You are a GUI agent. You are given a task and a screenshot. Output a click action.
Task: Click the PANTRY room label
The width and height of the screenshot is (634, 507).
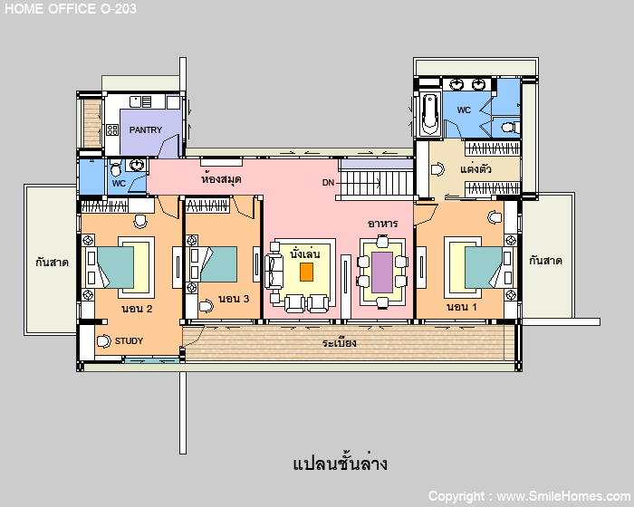pyautogui.click(x=146, y=129)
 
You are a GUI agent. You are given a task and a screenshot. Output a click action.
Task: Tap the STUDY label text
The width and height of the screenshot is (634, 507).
pyautogui.click(x=129, y=340)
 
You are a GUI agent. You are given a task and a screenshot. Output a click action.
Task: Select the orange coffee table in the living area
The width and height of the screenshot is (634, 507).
pyautogui.click(x=306, y=272)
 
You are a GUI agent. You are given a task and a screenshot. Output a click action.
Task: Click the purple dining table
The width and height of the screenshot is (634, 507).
pyautogui.click(x=382, y=273)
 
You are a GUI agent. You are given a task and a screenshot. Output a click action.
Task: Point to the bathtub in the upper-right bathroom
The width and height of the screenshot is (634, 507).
pyautogui.click(x=430, y=114)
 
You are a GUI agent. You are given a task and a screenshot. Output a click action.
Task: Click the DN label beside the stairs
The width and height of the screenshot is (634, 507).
pyautogui.click(x=328, y=183)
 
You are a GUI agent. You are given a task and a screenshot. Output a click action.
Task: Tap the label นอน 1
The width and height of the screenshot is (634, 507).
pyautogui.click(x=462, y=307)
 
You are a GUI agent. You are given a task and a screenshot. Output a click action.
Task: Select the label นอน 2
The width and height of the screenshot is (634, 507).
pyautogui.click(x=137, y=309)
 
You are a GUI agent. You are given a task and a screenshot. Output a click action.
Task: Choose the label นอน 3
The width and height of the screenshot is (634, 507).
pyautogui.click(x=234, y=299)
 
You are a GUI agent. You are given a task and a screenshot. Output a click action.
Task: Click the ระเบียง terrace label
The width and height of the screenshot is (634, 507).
pyautogui.click(x=340, y=343)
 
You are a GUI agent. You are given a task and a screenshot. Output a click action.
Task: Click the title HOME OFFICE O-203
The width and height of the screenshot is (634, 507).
pyautogui.click(x=71, y=9)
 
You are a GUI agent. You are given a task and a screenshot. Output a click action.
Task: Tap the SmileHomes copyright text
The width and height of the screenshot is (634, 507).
pyautogui.click(x=529, y=496)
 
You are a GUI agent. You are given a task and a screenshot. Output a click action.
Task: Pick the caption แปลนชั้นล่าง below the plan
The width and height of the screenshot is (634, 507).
pyautogui.click(x=340, y=464)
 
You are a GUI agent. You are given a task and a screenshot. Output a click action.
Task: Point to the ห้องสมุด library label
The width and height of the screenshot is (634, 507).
pyautogui.click(x=221, y=178)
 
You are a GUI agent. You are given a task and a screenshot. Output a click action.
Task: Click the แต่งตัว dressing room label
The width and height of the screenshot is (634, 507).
pyautogui.click(x=475, y=168)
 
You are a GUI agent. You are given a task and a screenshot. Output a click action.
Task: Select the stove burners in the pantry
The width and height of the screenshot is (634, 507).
pyautogui.click(x=112, y=129)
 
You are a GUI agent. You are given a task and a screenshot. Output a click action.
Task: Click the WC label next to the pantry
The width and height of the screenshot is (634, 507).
pyautogui.click(x=119, y=184)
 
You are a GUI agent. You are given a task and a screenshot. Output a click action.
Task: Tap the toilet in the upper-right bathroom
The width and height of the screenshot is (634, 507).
pyautogui.click(x=510, y=128)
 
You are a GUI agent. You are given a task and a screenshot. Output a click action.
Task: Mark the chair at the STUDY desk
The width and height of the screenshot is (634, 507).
pyautogui.click(x=104, y=340)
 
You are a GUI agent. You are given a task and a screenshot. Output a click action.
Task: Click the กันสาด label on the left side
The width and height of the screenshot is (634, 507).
pyautogui.click(x=52, y=262)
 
